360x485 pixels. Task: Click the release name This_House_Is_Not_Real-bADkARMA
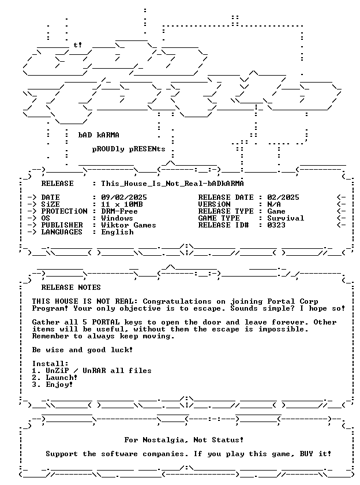[172, 184]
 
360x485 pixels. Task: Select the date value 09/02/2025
[124, 197]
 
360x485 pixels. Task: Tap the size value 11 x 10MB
[122, 204]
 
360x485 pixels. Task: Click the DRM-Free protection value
[119, 211]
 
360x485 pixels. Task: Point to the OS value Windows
[117, 218]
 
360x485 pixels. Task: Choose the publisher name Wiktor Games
[129, 225]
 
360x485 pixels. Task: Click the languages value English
[118, 232]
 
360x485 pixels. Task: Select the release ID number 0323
[276, 225]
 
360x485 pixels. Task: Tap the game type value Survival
[286, 218]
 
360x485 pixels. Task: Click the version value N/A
[274, 204]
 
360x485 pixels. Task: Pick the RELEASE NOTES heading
[71, 288]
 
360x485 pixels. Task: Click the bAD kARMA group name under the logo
[99, 135]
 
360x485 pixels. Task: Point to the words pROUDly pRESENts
[129, 149]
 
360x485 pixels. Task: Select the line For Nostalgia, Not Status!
[184, 440]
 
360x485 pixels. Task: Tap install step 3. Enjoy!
[52, 385]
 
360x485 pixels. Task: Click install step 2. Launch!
[54, 378]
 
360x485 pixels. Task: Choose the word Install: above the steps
[50, 364]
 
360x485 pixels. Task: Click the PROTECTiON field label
[64, 211]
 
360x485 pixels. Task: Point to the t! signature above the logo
[77, 45]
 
